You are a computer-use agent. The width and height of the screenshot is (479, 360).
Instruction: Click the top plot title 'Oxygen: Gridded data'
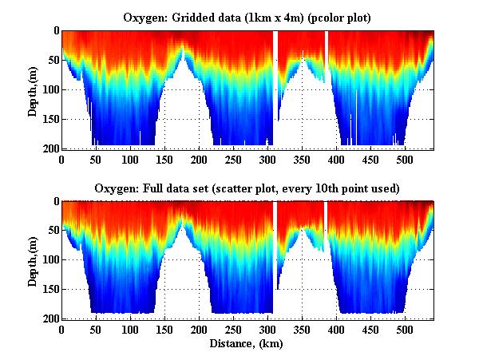pos(247,17)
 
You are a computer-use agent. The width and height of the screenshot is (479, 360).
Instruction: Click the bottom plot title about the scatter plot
pos(247,188)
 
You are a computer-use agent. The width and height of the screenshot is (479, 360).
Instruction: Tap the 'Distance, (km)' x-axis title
pos(247,344)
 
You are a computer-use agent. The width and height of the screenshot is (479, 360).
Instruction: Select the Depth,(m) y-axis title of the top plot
pos(33,89)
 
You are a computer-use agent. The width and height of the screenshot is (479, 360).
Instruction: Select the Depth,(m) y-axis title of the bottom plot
pos(33,260)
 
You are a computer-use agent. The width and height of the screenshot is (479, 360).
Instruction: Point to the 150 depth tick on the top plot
pos(49,119)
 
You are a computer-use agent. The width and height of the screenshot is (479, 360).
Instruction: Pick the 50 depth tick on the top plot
pos(52,60)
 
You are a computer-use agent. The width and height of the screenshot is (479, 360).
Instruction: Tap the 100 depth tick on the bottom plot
pos(49,260)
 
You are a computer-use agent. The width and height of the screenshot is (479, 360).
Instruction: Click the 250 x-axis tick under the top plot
pos(234,160)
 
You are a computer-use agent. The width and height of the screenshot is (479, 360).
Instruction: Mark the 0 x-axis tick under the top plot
pos(61,160)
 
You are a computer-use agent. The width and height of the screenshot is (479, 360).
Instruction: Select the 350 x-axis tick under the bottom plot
pos(303,330)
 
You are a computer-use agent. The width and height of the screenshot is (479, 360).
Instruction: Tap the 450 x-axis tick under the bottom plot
pos(371,330)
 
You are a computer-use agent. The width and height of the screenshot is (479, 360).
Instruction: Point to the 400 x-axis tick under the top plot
pos(337,160)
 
